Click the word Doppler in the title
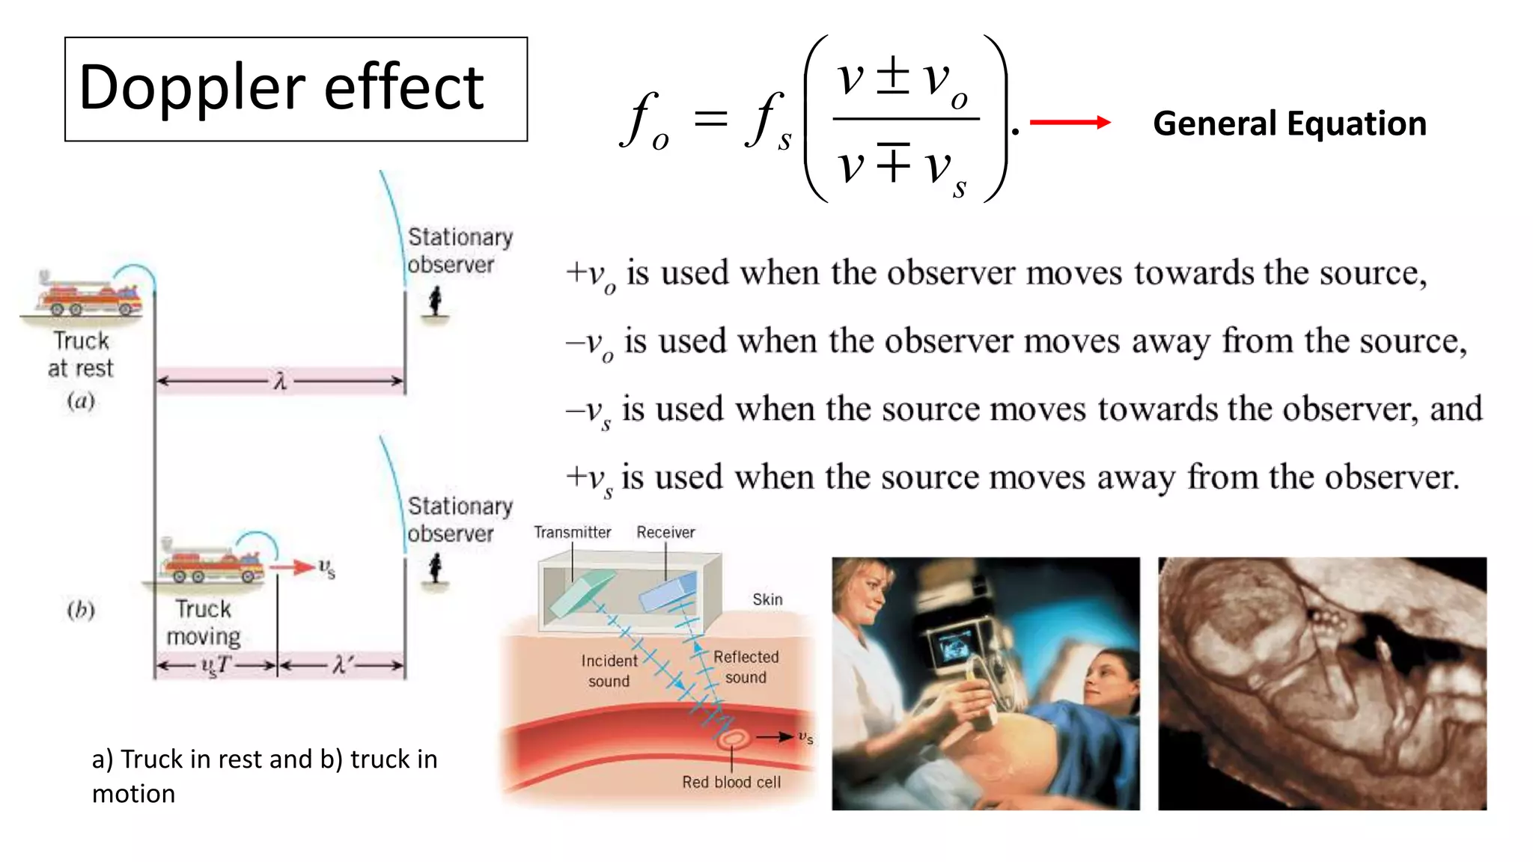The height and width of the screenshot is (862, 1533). (x=191, y=89)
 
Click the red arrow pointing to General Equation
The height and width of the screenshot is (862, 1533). (x=1069, y=123)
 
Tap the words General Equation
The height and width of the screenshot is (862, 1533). (x=1289, y=123)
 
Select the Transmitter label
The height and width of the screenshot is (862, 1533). (x=572, y=532)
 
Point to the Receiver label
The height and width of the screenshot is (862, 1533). (x=665, y=532)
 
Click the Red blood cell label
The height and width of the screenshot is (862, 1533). (x=731, y=782)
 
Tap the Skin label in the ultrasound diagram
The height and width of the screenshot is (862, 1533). (x=767, y=599)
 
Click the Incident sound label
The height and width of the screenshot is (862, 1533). (x=609, y=670)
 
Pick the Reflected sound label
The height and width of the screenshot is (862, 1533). (x=746, y=667)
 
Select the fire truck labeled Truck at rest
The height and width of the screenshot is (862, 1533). (x=88, y=295)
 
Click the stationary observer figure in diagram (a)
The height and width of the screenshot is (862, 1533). (x=435, y=302)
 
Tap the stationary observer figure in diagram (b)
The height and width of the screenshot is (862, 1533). (x=435, y=569)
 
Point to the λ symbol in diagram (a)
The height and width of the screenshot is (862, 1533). (x=280, y=382)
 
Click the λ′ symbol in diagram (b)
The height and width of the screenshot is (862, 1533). (x=341, y=664)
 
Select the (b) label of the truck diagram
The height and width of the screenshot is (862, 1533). (x=81, y=610)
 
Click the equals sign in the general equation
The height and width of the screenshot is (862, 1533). (x=710, y=120)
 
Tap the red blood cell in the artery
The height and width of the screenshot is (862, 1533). (x=732, y=739)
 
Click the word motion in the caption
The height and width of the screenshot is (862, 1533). (x=133, y=794)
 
